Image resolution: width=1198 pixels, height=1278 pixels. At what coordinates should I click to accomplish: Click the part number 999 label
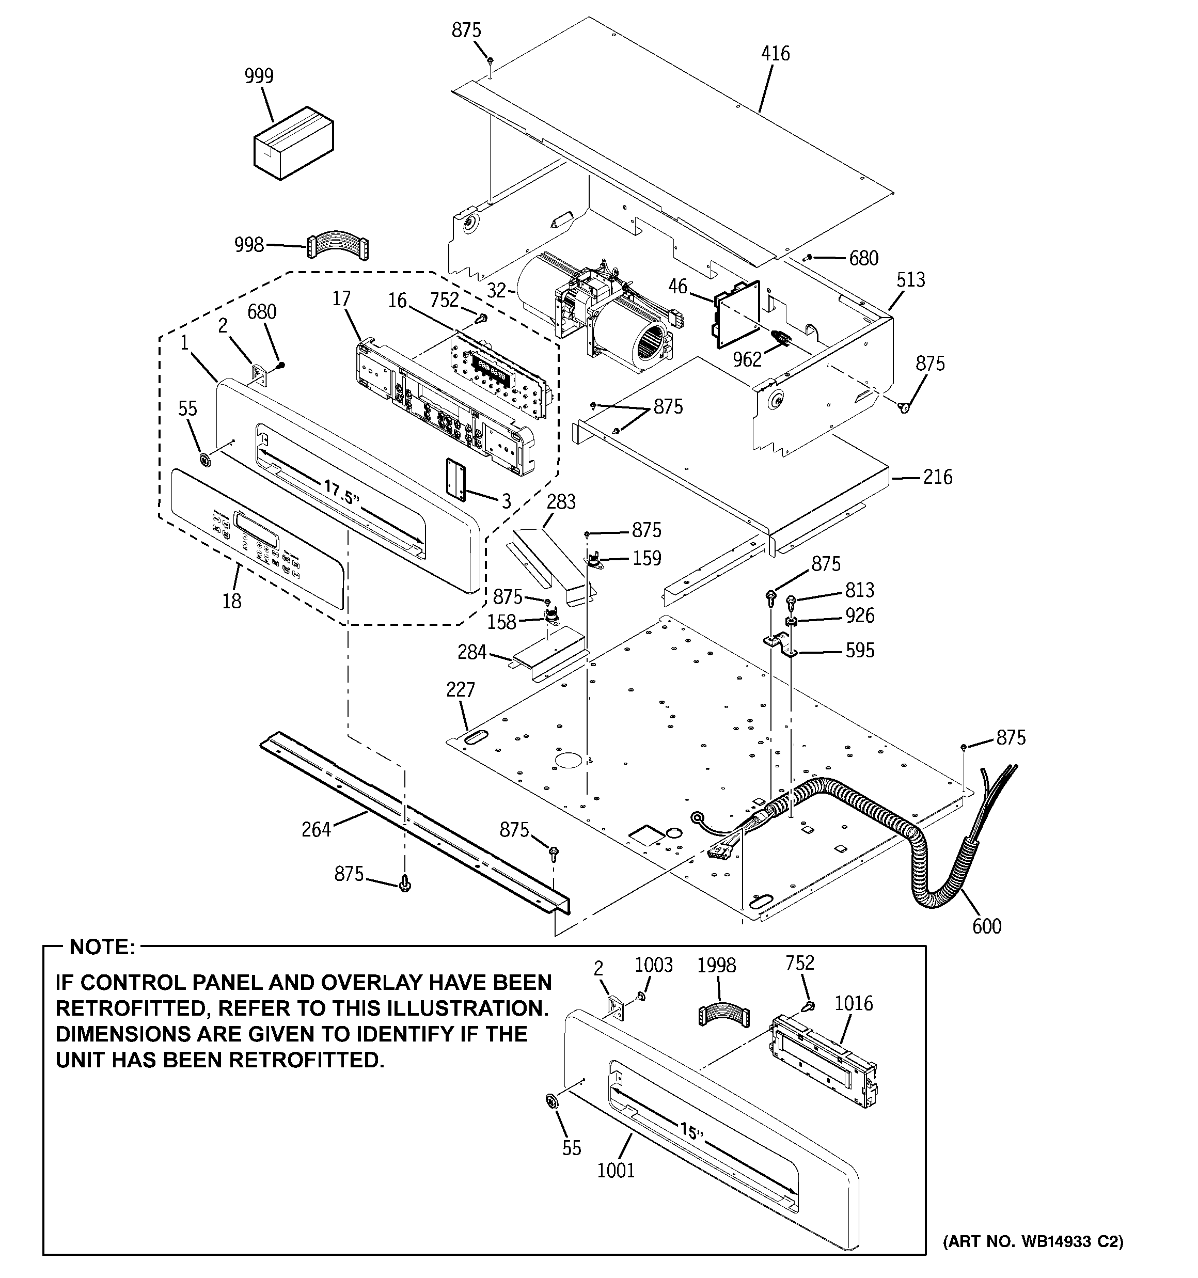click(x=259, y=76)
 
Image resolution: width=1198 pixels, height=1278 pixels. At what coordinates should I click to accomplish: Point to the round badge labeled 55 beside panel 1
click(x=206, y=460)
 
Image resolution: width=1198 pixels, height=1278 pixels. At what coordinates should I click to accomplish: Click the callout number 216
click(x=938, y=477)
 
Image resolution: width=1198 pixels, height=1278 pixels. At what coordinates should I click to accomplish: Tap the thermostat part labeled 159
click(x=595, y=561)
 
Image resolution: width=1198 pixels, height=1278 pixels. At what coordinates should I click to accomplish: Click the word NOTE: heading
click(x=102, y=947)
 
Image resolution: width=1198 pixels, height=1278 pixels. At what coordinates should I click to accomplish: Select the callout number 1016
click(x=854, y=1003)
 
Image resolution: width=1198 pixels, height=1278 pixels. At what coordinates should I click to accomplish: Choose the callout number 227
click(x=461, y=690)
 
